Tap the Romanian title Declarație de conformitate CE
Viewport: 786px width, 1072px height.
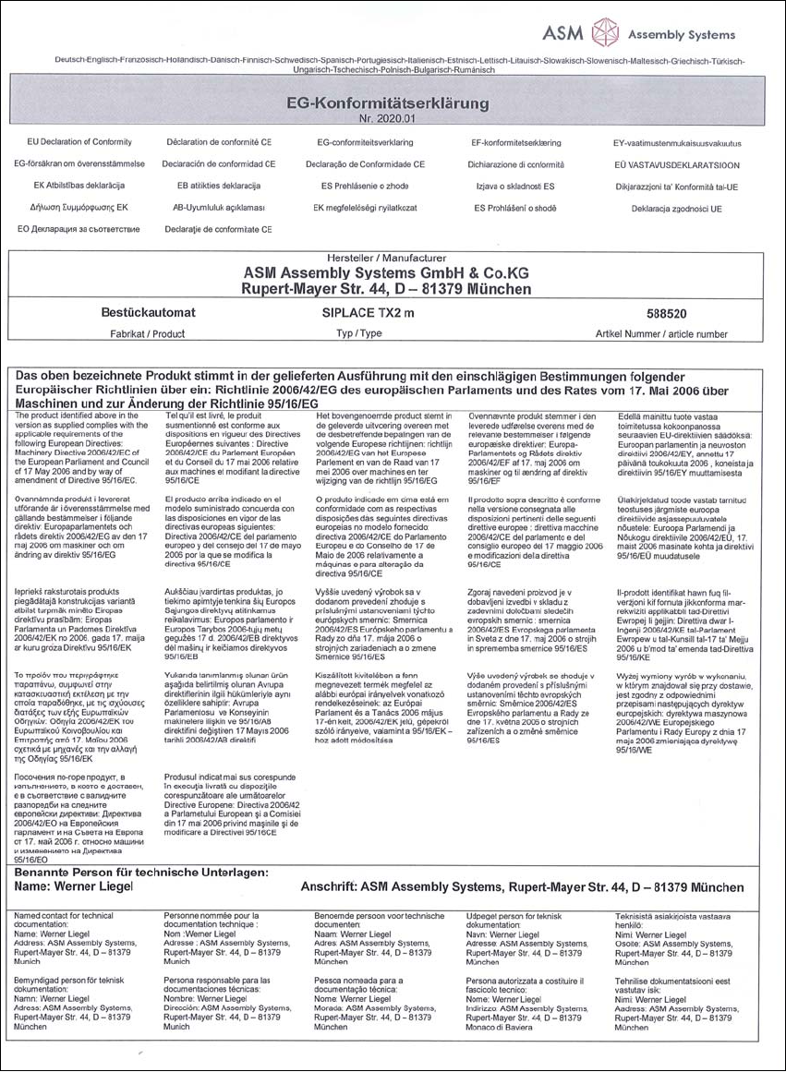point(217,228)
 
